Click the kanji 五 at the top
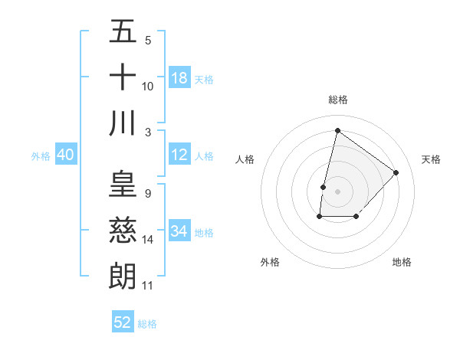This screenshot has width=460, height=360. pyautogui.click(x=123, y=33)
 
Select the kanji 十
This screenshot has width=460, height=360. pyautogui.click(x=123, y=77)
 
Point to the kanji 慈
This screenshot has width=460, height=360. pyautogui.click(x=123, y=231)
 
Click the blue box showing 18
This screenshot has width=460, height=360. pyautogui.click(x=179, y=78)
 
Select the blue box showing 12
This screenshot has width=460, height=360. pyautogui.click(x=179, y=155)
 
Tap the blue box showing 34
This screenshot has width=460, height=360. pyautogui.click(x=179, y=231)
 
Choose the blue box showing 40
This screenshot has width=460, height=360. pyautogui.click(x=65, y=155)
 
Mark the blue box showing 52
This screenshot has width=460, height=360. pyautogui.click(x=123, y=322)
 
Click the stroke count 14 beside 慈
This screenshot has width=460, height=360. pyautogui.click(x=148, y=240)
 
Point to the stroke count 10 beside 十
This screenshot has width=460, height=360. pyautogui.click(x=148, y=87)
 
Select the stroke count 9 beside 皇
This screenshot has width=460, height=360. pyautogui.click(x=147, y=194)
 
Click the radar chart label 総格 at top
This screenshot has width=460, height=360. pyautogui.click(x=337, y=100)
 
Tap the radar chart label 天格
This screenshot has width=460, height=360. pyautogui.click(x=431, y=159)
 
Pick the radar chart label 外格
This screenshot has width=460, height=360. pyautogui.click(x=270, y=262)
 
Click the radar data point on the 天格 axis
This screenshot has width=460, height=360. pyautogui.click(x=396, y=172)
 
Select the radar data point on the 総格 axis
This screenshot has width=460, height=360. pyautogui.click(x=337, y=130)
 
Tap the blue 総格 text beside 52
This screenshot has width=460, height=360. pyautogui.click(x=147, y=324)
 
